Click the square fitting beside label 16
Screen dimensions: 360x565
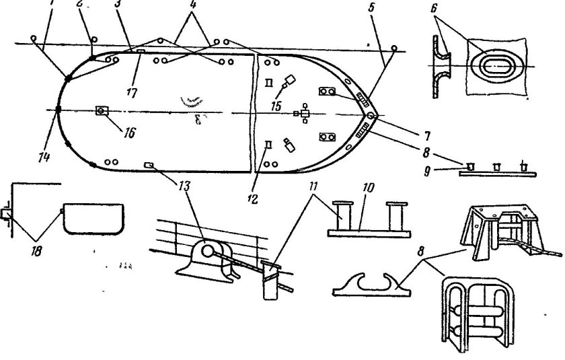[102, 110]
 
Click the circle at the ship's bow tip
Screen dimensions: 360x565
[372, 116]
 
